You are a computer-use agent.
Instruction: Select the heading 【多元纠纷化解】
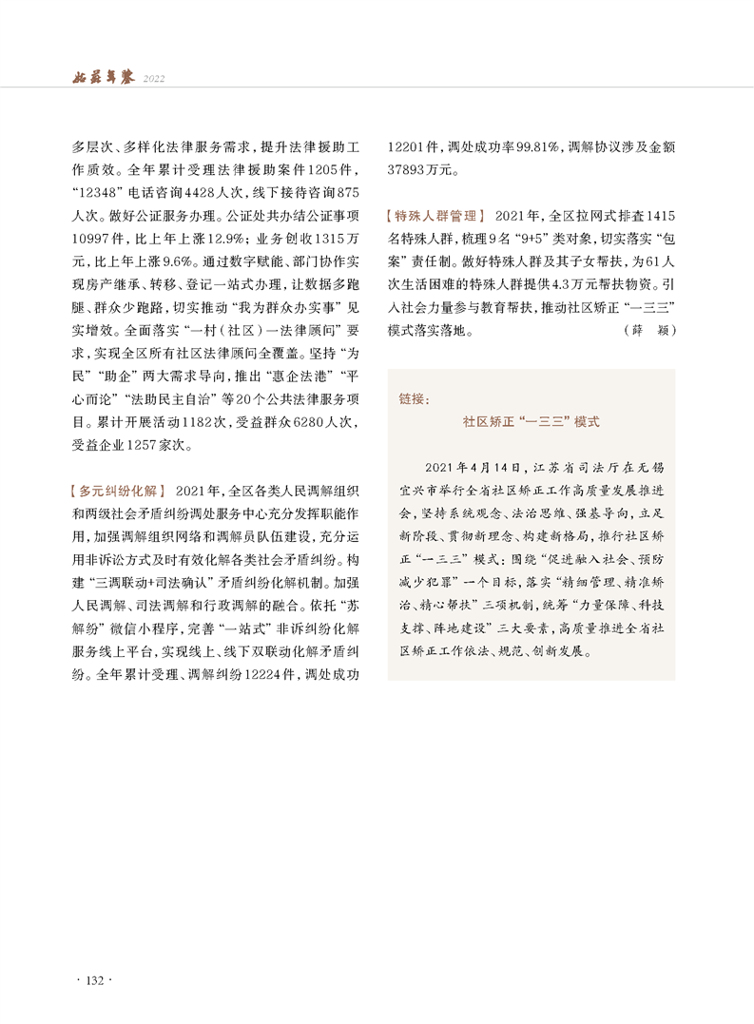[x=119, y=491]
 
